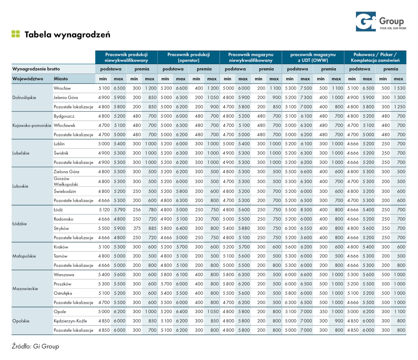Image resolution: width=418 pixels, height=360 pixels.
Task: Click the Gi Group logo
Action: [379, 22]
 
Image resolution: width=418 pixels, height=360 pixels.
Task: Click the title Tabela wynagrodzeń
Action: [67, 34]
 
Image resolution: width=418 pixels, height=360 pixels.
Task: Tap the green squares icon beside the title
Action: [16, 34]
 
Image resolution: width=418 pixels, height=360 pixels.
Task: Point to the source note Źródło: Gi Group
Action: [36, 346]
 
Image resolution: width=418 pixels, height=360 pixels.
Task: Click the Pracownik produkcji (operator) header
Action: [189, 57]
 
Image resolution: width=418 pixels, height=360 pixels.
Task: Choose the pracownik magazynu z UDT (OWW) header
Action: [313, 57]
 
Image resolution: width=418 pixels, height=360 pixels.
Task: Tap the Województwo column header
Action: [28, 78]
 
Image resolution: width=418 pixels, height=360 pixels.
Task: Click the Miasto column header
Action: [61, 78]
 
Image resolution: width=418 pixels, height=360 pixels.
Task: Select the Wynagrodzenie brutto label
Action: [36, 69]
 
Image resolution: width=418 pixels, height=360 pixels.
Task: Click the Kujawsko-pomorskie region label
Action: [32, 125]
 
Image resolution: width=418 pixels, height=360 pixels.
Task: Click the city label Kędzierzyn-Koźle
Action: [71, 321]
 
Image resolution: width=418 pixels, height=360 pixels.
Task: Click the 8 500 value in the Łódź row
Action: [305, 210]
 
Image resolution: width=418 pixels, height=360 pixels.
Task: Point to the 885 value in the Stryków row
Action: [150, 228]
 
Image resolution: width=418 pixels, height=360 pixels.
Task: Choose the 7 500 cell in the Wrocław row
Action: [305, 88]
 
